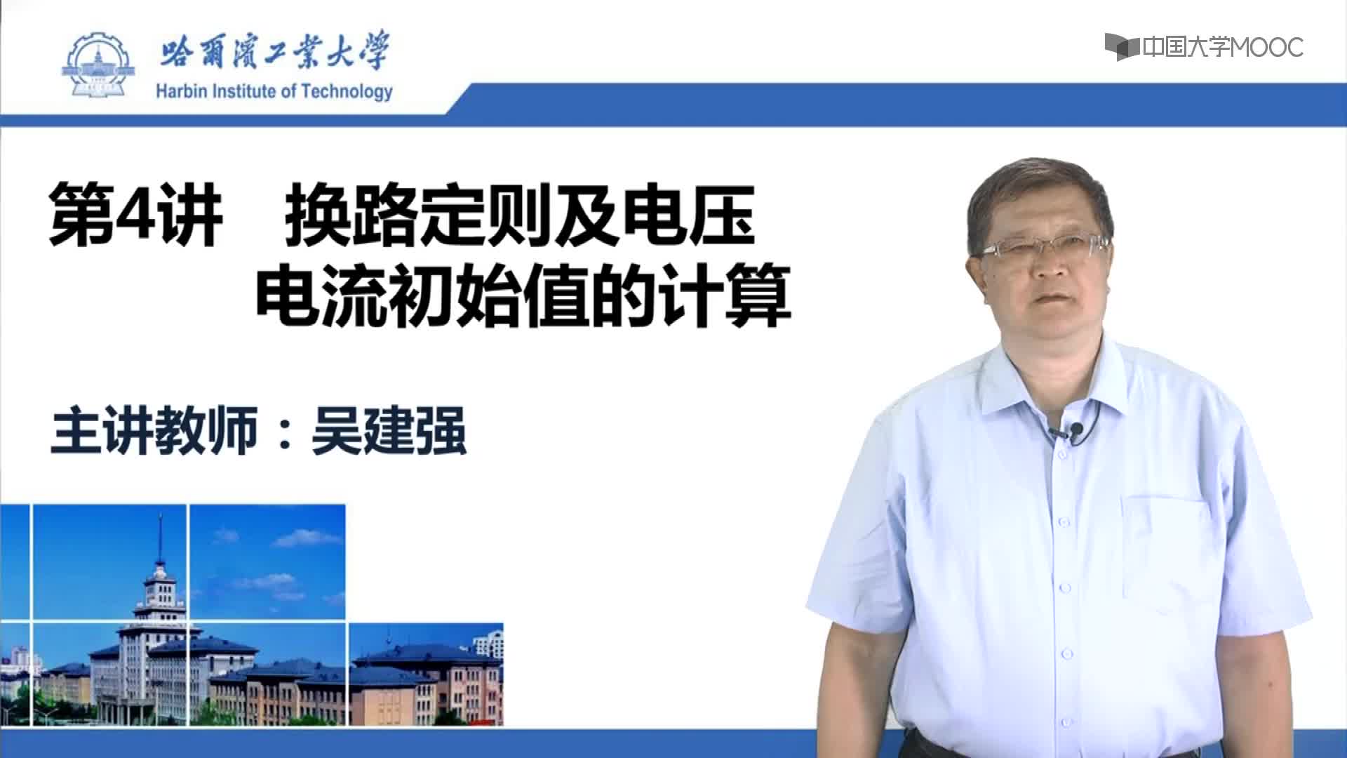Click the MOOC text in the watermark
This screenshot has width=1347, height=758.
click(x=1267, y=48)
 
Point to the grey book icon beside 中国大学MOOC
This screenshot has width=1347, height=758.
click(x=1122, y=46)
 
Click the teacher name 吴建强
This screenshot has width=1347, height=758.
click(x=389, y=431)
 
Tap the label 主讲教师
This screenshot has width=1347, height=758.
click(x=154, y=431)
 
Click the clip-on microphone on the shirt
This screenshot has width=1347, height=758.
click(x=1074, y=430)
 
